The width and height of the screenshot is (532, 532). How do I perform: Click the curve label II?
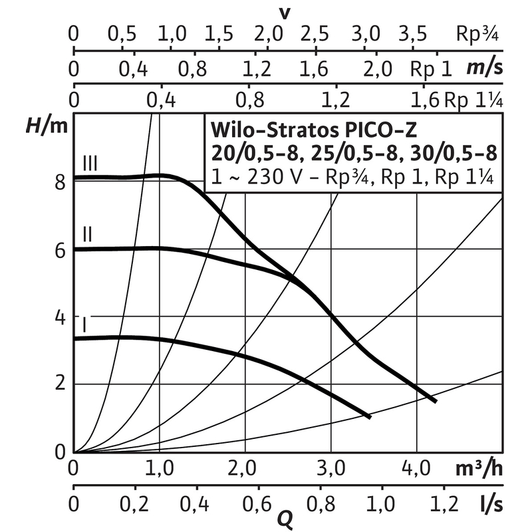coord(87,234)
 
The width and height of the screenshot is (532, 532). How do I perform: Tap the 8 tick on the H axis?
coord(61,182)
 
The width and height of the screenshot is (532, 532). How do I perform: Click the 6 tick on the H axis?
coord(61,250)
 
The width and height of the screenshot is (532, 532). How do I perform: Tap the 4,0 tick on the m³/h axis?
coord(416,469)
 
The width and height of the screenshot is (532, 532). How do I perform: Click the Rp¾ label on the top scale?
coord(477,34)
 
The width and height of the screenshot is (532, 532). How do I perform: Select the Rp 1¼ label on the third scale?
coord(473,100)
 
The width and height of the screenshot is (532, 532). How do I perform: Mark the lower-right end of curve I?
coord(368,416)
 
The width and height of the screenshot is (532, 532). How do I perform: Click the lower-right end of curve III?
coord(434,400)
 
